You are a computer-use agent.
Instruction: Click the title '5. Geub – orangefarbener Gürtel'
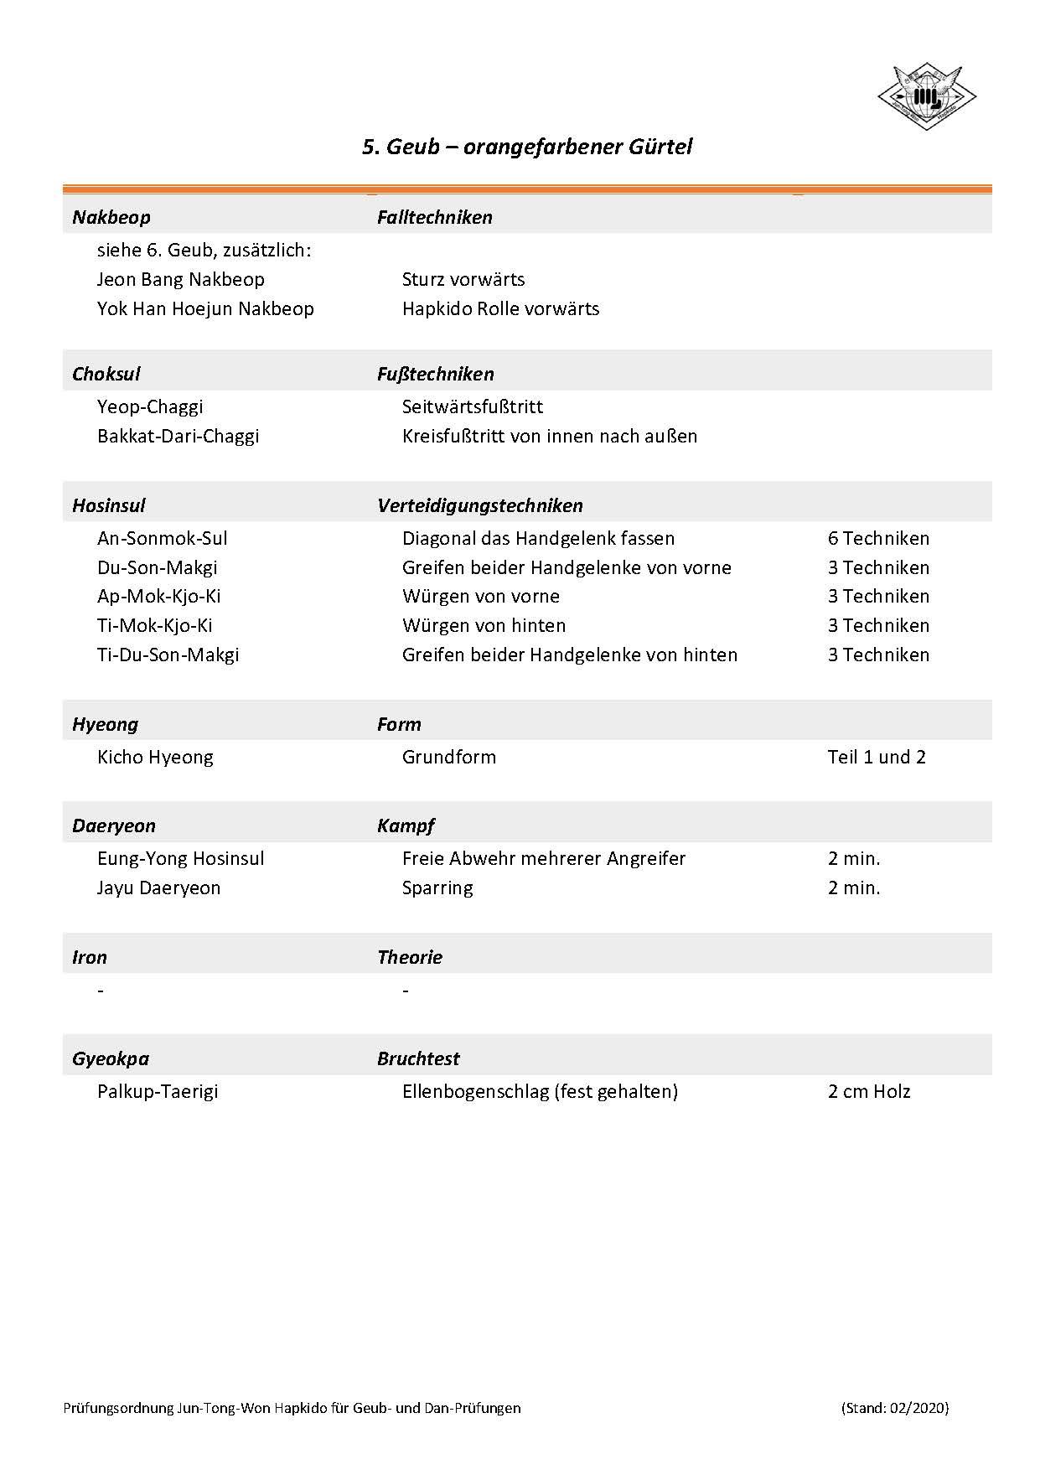tap(527, 147)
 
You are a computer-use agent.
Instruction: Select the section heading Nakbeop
tap(111, 217)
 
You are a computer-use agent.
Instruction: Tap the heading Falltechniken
tap(434, 217)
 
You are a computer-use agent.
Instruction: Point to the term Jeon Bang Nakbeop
tap(180, 279)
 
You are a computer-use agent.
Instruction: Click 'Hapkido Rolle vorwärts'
tap(500, 308)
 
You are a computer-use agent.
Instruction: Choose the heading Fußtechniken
tap(435, 374)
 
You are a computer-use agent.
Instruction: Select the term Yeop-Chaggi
tap(150, 406)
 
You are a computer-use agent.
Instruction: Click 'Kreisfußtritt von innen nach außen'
tap(549, 436)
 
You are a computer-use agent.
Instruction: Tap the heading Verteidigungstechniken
tap(479, 505)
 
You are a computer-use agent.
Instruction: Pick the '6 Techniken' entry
tap(878, 538)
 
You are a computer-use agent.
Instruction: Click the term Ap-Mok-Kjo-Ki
tap(158, 596)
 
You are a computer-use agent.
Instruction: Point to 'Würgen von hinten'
tap(484, 625)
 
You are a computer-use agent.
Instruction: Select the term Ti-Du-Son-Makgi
tap(168, 655)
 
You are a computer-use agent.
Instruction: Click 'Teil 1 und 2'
tap(877, 757)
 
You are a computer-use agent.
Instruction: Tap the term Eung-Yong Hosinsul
tap(180, 858)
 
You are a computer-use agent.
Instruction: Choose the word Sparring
tap(437, 887)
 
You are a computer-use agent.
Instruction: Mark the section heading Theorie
tap(409, 957)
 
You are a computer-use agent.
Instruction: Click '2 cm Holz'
tap(868, 1091)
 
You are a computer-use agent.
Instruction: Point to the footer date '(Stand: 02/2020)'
tap(894, 1408)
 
